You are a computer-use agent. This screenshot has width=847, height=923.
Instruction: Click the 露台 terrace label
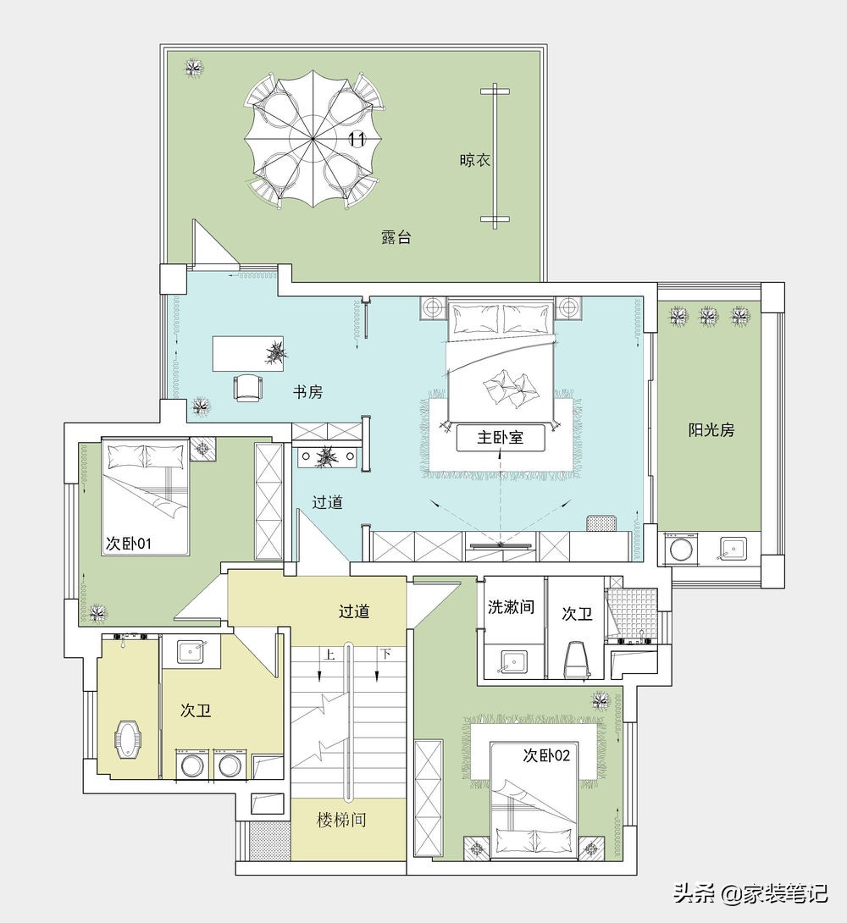(396, 237)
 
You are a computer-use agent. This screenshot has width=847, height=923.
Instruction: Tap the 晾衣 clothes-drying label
(474, 160)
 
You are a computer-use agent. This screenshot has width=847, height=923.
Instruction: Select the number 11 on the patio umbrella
(357, 139)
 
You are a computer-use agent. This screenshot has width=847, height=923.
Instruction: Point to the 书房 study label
(307, 391)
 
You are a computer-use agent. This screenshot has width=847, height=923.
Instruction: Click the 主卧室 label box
(501, 437)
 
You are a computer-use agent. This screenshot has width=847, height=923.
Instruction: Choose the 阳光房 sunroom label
(711, 429)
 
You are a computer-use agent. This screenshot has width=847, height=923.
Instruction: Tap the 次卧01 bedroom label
(128, 543)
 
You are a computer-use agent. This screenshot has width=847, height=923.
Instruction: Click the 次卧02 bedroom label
(547, 754)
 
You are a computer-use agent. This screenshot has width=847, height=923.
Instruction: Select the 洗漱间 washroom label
(511, 606)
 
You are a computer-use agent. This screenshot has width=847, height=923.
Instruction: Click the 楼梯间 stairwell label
(341, 820)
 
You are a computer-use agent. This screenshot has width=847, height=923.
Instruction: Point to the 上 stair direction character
(329, 654)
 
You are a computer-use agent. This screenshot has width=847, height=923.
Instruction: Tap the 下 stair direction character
(385, 654)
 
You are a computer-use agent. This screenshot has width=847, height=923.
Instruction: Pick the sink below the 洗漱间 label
(512, 661)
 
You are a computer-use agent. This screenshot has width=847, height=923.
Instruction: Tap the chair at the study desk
(248, 387)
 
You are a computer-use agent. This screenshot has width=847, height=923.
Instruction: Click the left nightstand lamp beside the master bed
(433, 307)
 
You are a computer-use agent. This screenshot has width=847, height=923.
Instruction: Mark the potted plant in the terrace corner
(194, 68)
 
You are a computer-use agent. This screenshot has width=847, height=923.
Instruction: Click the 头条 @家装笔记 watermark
(751, 893)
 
